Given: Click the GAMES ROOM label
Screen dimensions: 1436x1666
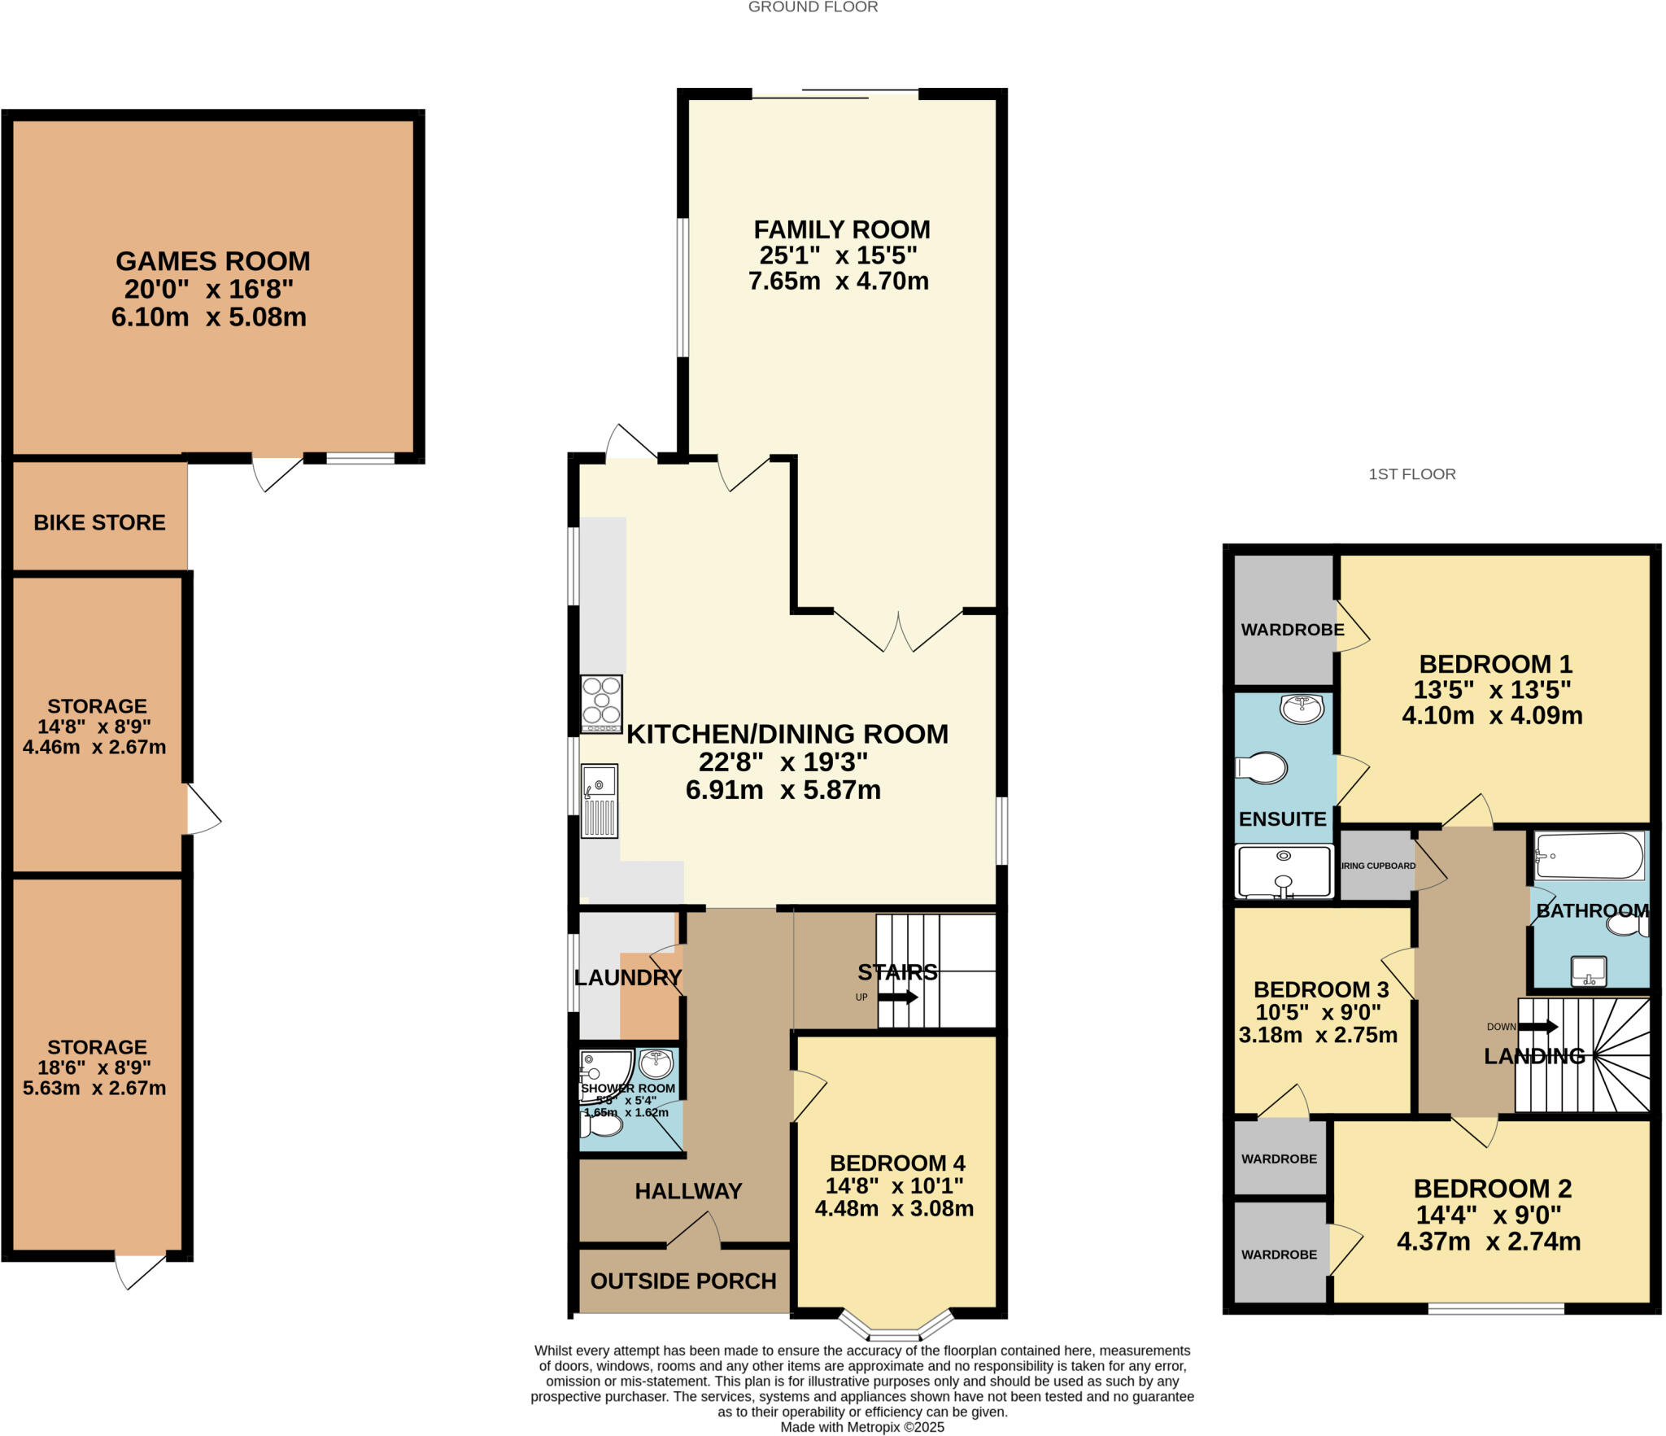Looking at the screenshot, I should [212, 261].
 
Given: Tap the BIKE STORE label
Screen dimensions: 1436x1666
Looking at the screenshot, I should [99, 522].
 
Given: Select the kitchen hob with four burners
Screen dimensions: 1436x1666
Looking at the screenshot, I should [601, 704].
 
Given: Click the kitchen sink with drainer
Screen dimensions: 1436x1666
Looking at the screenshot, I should [600, 801].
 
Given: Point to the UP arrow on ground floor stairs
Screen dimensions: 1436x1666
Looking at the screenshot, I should [897, 997].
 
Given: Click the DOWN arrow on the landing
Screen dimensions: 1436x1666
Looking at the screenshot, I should [1538, 1026].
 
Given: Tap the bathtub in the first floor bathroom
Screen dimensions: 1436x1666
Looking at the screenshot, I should [1589, 856].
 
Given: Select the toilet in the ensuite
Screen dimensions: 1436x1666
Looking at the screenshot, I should [1262, 767].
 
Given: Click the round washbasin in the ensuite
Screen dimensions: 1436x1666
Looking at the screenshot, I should [1302, 709].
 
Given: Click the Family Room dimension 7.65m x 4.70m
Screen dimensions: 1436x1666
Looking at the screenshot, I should [838, 282].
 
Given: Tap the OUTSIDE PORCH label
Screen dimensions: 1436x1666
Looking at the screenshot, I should [683, 1281].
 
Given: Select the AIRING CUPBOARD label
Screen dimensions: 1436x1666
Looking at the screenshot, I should [1377, 866].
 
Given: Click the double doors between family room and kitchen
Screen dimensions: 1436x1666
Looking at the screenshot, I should [898, 631].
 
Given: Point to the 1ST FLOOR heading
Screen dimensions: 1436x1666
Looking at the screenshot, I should [1411, 474].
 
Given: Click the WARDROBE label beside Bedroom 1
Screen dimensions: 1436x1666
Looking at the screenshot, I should [1292, 630].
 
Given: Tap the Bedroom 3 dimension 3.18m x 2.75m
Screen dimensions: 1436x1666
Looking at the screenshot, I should [1317, 1035].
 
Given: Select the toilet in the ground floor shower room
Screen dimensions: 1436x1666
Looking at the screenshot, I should [601, 1125].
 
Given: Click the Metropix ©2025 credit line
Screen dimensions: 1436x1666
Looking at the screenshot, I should [861, 1426].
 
